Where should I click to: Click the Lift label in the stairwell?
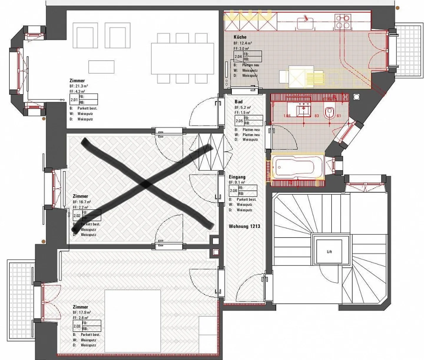click(329, 252)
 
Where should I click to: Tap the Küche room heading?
click(240, 37)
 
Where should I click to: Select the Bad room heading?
click(238, 102)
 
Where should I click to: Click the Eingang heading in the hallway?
click(237, 177)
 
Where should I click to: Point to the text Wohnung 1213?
click(244, 226)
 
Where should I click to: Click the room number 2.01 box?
click(74, 100)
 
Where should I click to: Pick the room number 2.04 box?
click(238, 56)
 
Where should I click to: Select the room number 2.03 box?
click(77, 326)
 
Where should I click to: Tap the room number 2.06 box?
click(233, 191)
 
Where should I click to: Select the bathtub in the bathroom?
click(297, 167)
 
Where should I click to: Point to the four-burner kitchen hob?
click(342, 21)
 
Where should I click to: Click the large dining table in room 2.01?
click(183, 59)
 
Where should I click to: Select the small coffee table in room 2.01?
click(101, 67)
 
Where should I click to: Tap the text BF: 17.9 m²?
click(82, 312)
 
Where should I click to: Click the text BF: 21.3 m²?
click(79, 86)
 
